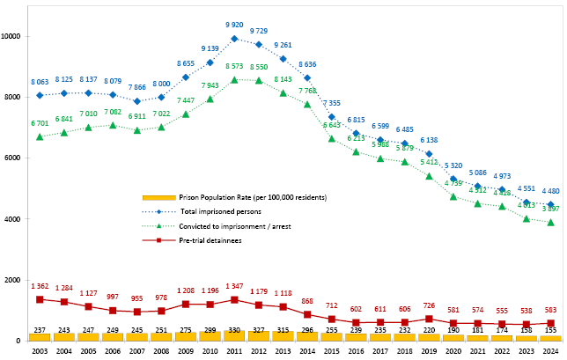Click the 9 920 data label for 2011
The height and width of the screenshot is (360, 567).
[x=234, y=26]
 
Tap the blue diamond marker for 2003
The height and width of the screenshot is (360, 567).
[x=40, y=95]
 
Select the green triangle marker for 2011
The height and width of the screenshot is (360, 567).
[x=234, y=79]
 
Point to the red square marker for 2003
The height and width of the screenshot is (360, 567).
[x=40, y=299]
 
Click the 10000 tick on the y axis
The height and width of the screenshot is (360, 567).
[x=14, y=36]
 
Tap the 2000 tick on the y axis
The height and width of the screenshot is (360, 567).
[x=16, y=280]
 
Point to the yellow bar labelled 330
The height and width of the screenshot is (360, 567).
[x=234, y=335]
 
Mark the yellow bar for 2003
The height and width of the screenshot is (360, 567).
[x=40, y=336]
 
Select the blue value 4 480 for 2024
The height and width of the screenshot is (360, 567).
[x=549, y=191]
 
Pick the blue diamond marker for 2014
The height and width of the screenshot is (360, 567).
[x=307, y=77]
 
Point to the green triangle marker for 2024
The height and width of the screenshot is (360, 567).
[x=549, y=222]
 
